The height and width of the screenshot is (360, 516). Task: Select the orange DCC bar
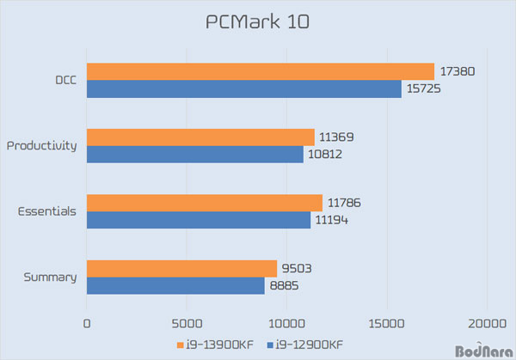[260, 71]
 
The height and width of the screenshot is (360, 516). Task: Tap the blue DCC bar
[243, 88]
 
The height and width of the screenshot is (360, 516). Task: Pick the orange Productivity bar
[200, 137]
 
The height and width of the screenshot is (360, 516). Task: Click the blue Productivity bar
[194, 154]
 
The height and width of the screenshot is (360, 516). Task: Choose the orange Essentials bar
[204, 203]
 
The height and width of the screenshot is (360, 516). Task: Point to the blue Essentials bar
[198, 220]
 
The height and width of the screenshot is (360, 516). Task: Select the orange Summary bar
[181, 268]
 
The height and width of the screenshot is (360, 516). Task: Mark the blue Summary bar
[175, 285]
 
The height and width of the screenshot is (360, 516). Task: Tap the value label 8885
[285, 285]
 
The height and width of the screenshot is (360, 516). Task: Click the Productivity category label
[41, 145]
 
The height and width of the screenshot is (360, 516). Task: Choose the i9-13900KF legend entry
[222, 345]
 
